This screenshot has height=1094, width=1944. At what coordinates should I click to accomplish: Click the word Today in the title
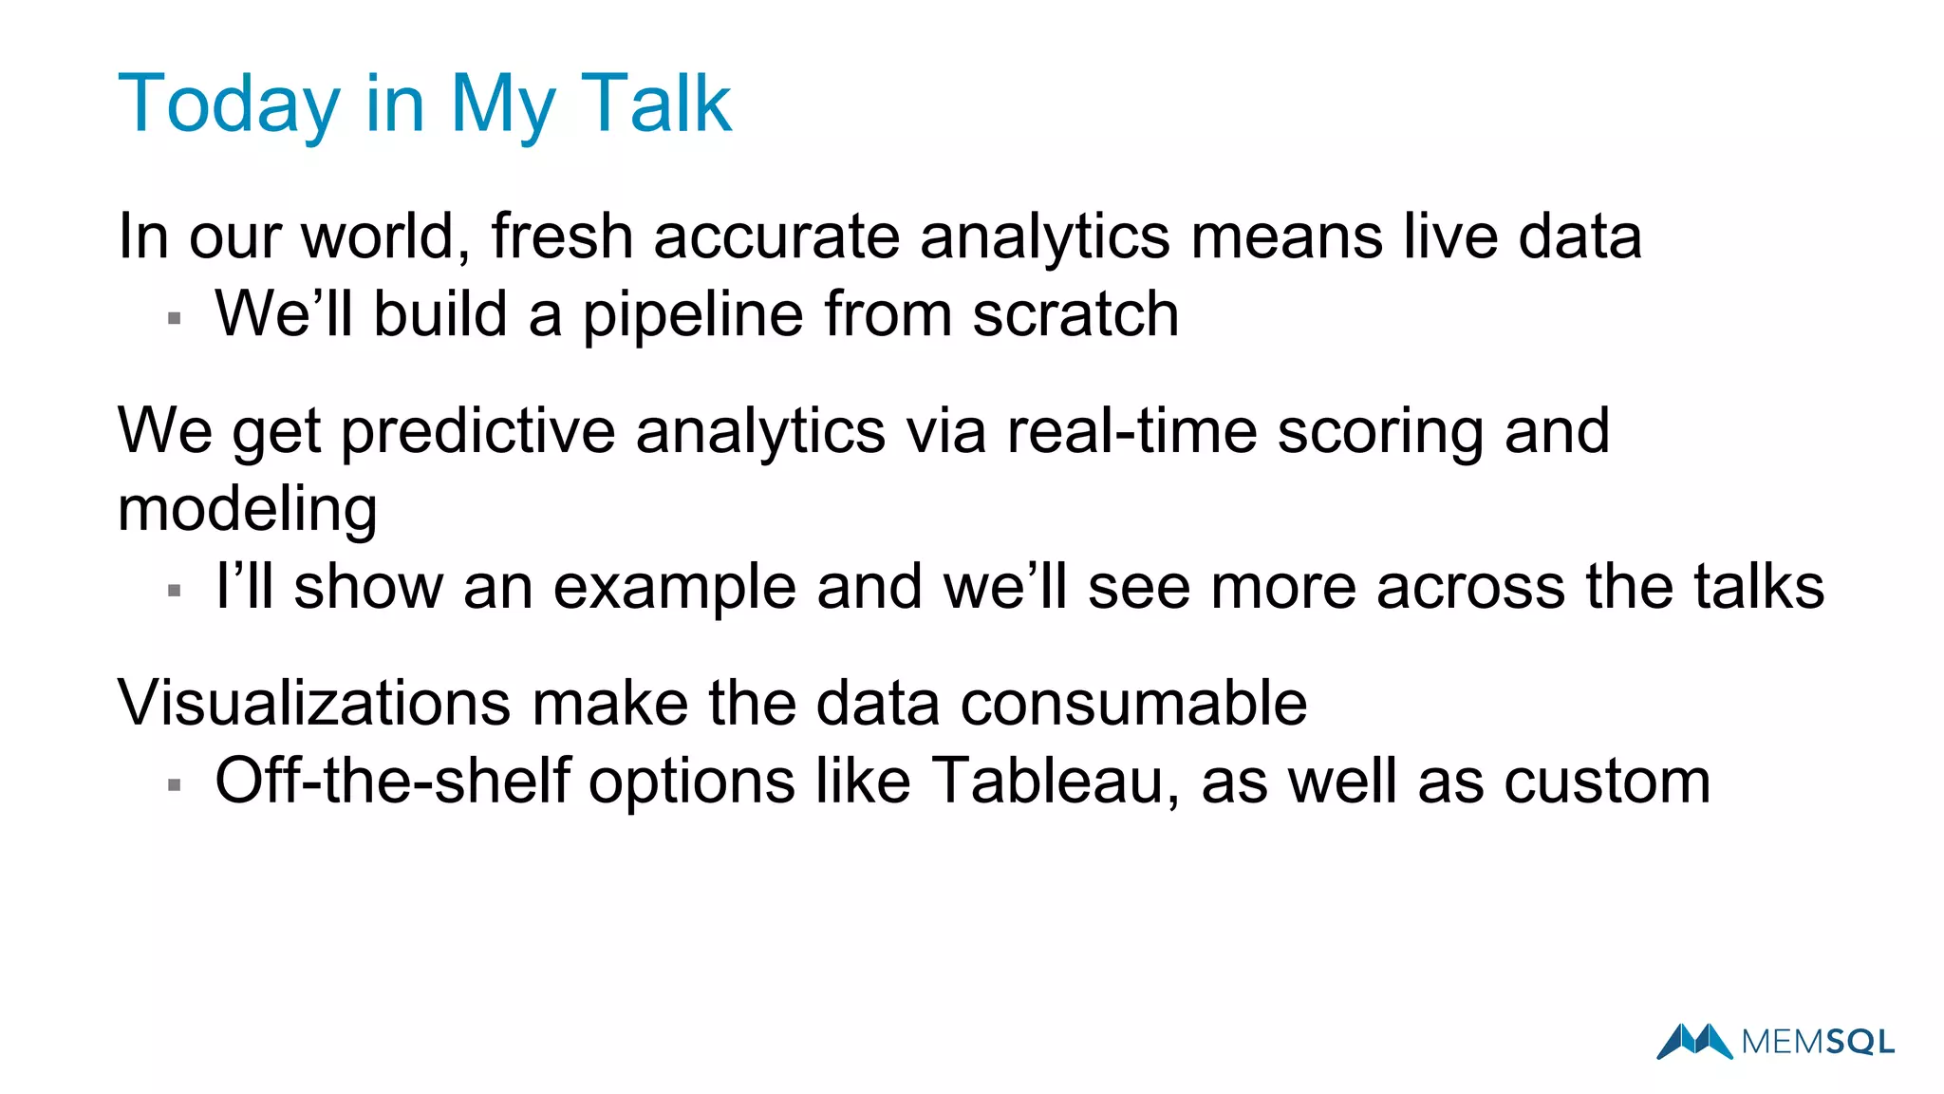click(228, 104)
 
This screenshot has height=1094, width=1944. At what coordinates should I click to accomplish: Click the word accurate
click(776, 237)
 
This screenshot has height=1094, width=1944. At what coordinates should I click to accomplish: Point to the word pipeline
click(692, 315)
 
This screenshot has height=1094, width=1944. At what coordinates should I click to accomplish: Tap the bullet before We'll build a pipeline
click(174, 318)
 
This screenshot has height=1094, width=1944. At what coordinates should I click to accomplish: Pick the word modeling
click(247, 510)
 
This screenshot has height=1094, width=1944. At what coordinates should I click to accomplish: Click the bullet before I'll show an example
click(174, 591)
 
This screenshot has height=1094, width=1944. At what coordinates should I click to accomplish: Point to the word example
click(674, 587)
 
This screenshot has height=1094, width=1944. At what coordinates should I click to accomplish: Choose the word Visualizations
click(314, 704)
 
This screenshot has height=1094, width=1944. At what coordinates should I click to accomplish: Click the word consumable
click(1133, 704)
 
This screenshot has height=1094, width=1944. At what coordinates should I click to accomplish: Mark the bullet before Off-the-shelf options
click(174, 785)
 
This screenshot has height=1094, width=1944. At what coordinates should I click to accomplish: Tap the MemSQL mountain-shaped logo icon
click(1694, 1041)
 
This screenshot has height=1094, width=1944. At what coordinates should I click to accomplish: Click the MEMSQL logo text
click(1818, 1043)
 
